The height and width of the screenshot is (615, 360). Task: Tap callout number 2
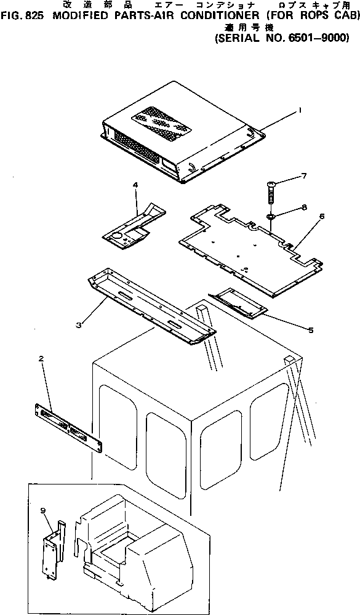[41, 358]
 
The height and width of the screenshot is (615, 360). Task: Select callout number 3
[79, 325]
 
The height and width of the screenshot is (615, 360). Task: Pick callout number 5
[311, 330]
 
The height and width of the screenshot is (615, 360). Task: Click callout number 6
[322, 216]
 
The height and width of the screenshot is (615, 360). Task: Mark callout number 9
[42, 510]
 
